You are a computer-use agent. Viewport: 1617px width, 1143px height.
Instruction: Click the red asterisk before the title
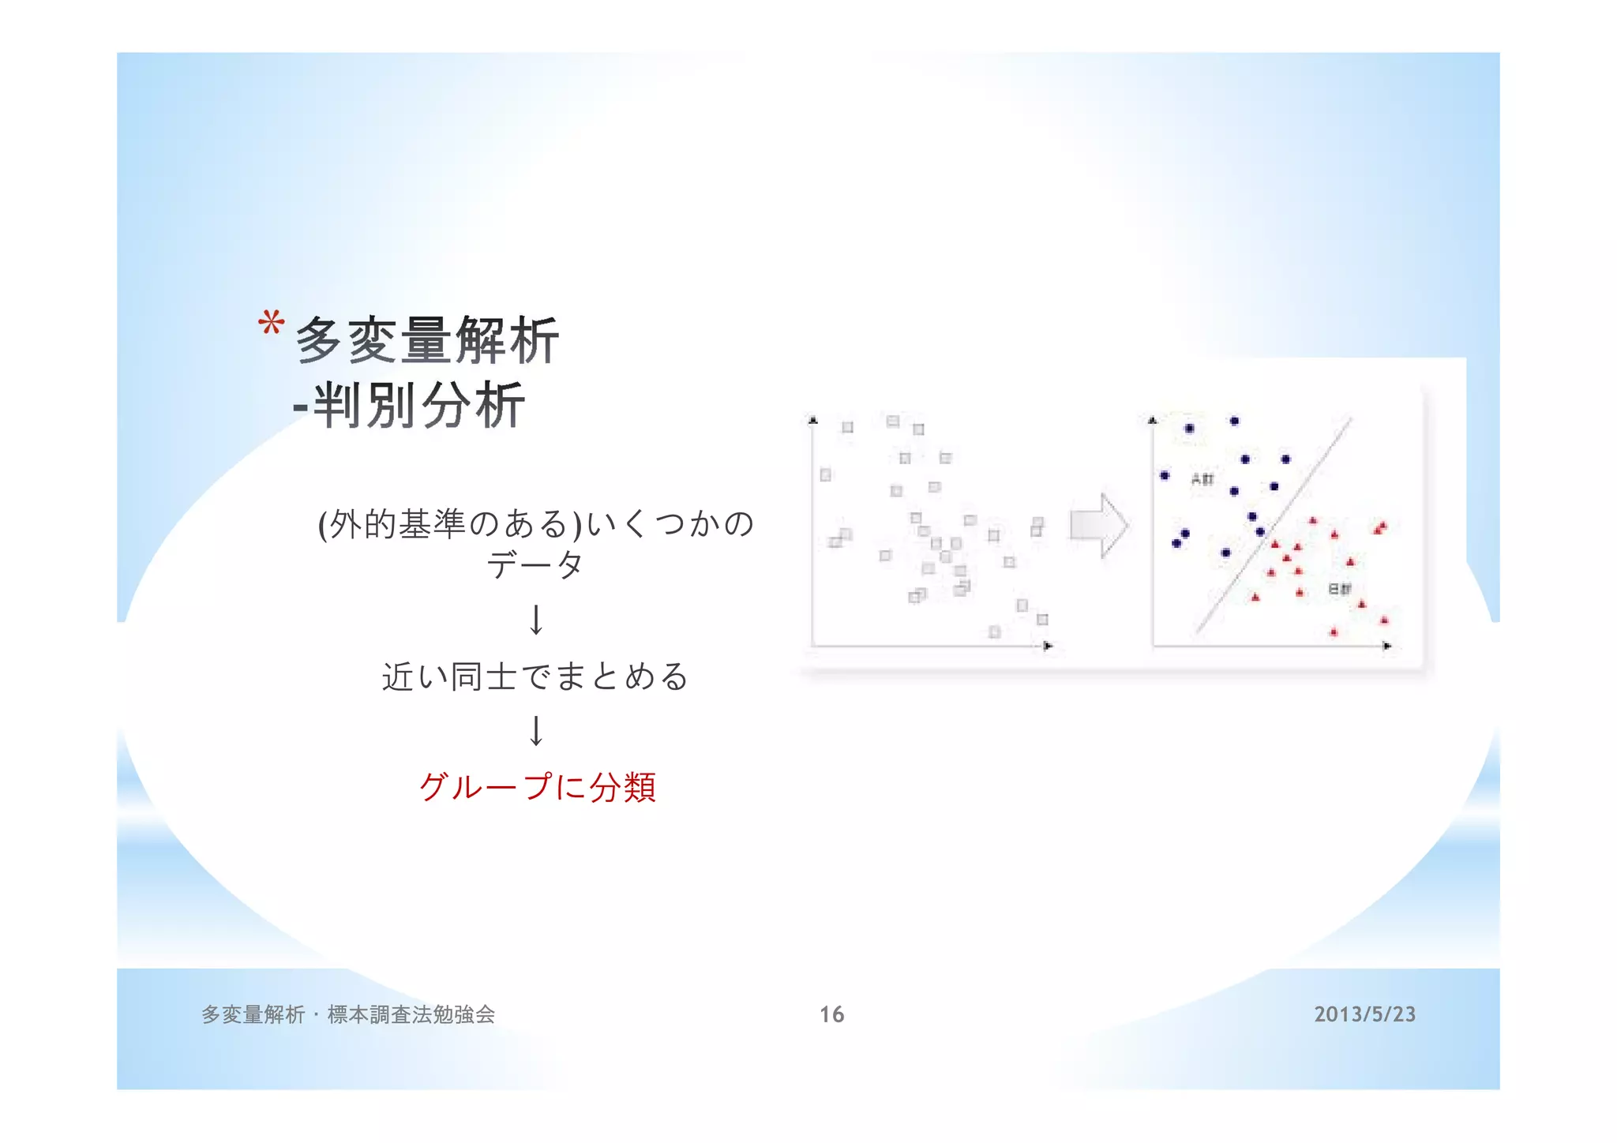tap(271, 324)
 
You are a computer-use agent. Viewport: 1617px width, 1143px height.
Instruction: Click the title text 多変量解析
tap(426, 341)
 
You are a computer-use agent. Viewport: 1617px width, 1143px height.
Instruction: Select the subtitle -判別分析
tap(409, 406)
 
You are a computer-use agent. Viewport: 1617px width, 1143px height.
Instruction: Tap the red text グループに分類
tap(537, 787)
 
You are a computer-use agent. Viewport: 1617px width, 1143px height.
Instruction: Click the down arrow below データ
tap(536, 620)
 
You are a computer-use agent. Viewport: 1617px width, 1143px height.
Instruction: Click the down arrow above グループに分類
tap(536, 731)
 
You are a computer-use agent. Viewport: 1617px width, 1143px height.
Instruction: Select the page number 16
tap(831, 1014)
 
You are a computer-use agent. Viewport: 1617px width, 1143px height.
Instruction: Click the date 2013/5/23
tap(1364, 1014)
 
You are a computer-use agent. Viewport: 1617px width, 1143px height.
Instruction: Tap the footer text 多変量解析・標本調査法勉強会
tap(348, 1014)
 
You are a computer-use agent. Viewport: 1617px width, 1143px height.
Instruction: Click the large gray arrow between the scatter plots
tap(1099, 526)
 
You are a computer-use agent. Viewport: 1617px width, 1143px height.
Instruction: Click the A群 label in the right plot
tap(1202, 479)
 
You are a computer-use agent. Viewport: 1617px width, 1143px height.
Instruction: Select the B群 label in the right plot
tap(1340, 589)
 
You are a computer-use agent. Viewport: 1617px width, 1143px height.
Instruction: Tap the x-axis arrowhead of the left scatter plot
tap(1048, 646)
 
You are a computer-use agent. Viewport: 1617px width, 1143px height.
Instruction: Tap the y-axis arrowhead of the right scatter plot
tap(1153, 420)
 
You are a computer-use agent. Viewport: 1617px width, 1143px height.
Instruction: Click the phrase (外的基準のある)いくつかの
tap(536, 524)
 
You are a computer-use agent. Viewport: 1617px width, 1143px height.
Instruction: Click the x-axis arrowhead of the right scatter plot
tap(1387, 646)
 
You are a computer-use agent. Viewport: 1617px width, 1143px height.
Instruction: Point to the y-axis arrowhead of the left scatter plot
tap(813, 420)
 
